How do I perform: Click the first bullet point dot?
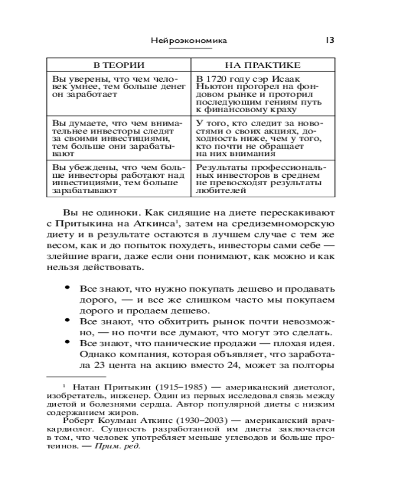67,288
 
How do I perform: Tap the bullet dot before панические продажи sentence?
67,342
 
